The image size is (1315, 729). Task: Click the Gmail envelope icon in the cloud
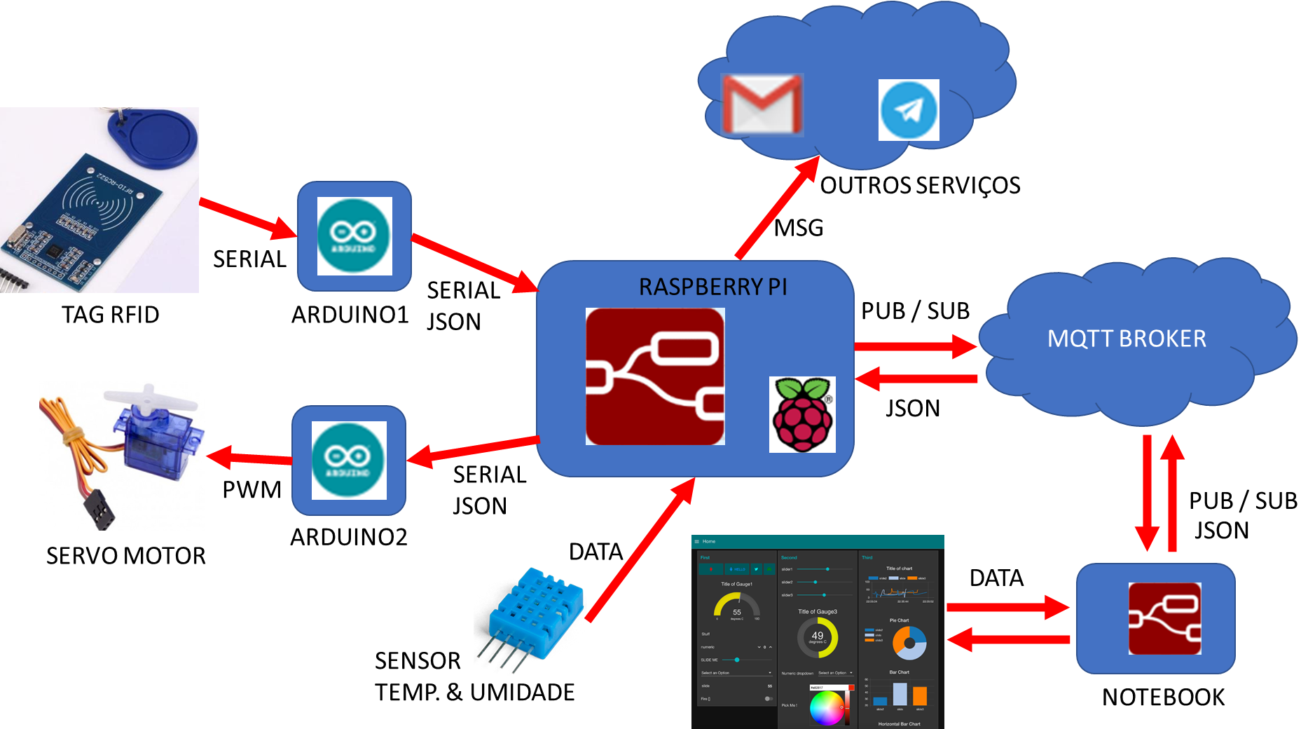tap(762, 105)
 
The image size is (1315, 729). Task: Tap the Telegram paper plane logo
tap(909, 110)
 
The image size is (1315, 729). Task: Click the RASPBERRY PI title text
tap(712, 287)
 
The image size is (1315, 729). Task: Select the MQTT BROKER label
tap(1127, 339)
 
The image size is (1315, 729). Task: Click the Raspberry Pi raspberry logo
tap(802, 414)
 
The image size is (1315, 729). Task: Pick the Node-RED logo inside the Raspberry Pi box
tap(655, 376)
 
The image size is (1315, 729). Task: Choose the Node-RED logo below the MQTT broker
tap(1164, 618)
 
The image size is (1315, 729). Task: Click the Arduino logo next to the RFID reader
tap(354, 236)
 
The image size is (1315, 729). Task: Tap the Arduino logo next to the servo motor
tap(349, 461)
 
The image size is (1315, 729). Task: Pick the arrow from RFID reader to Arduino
tap(248, 220)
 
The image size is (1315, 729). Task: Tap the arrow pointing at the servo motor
tap(249, 458)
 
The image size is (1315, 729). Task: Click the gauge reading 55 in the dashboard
tap(736, 606)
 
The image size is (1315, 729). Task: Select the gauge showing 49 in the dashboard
tap(818, 636)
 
